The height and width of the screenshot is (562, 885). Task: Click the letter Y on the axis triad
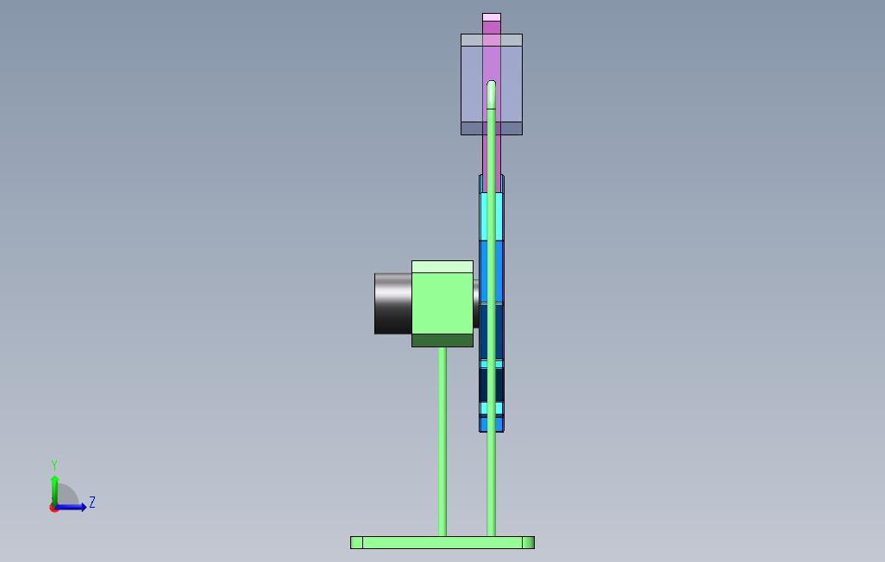(54, 465)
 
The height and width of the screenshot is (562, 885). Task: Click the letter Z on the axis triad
(92, 502)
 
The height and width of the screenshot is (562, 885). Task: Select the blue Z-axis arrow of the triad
(70, 508)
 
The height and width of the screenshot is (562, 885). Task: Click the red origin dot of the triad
(54, 509)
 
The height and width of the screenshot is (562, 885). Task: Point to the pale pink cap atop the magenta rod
(492, 17)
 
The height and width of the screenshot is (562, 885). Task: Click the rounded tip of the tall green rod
(491, 84)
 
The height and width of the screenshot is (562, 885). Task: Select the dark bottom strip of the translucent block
(492, 128)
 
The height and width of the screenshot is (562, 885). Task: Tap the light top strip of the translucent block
(492, 40)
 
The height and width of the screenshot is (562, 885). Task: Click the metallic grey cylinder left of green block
(393, 303)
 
